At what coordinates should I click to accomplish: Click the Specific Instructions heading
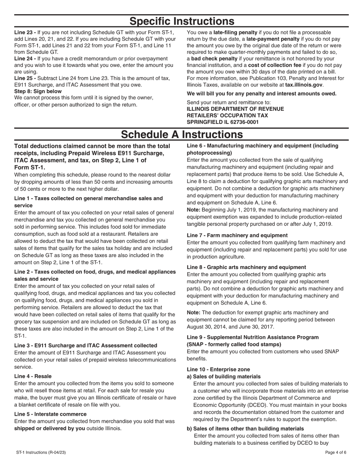(x=181, y=21)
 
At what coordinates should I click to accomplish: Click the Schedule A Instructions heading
(x=181, y=135)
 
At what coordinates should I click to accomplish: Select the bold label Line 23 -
(x=25, y=32)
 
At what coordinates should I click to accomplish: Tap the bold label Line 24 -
(x=25, y=58)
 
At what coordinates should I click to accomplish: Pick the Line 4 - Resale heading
(x=33, y=376)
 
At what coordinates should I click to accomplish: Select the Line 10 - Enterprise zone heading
(x=218, y=370)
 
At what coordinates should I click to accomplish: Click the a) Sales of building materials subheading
(x=224, y=376)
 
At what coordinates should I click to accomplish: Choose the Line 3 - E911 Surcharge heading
(x=86, y=345)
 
